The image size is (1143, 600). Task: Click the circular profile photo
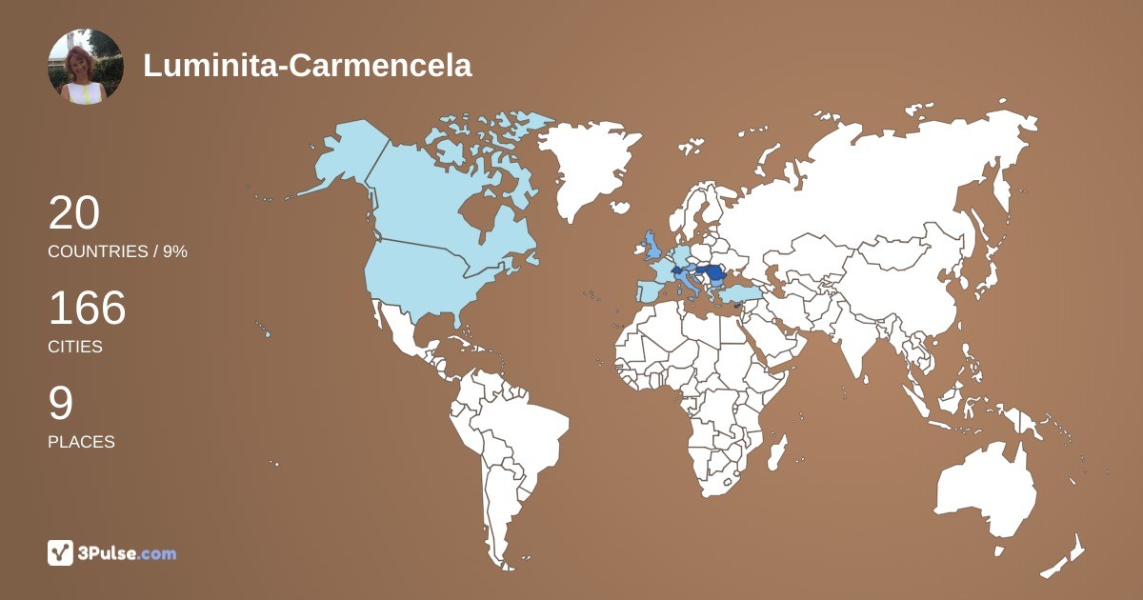86,66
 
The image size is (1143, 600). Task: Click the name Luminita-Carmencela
308,65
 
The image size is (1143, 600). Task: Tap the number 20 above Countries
74,212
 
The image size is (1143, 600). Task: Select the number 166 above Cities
87,309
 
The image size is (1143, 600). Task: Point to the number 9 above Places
60,404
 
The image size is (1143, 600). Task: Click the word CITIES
75,347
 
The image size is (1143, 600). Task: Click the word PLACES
81,442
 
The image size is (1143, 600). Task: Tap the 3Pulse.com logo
112,552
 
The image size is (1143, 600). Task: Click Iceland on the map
620,207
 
